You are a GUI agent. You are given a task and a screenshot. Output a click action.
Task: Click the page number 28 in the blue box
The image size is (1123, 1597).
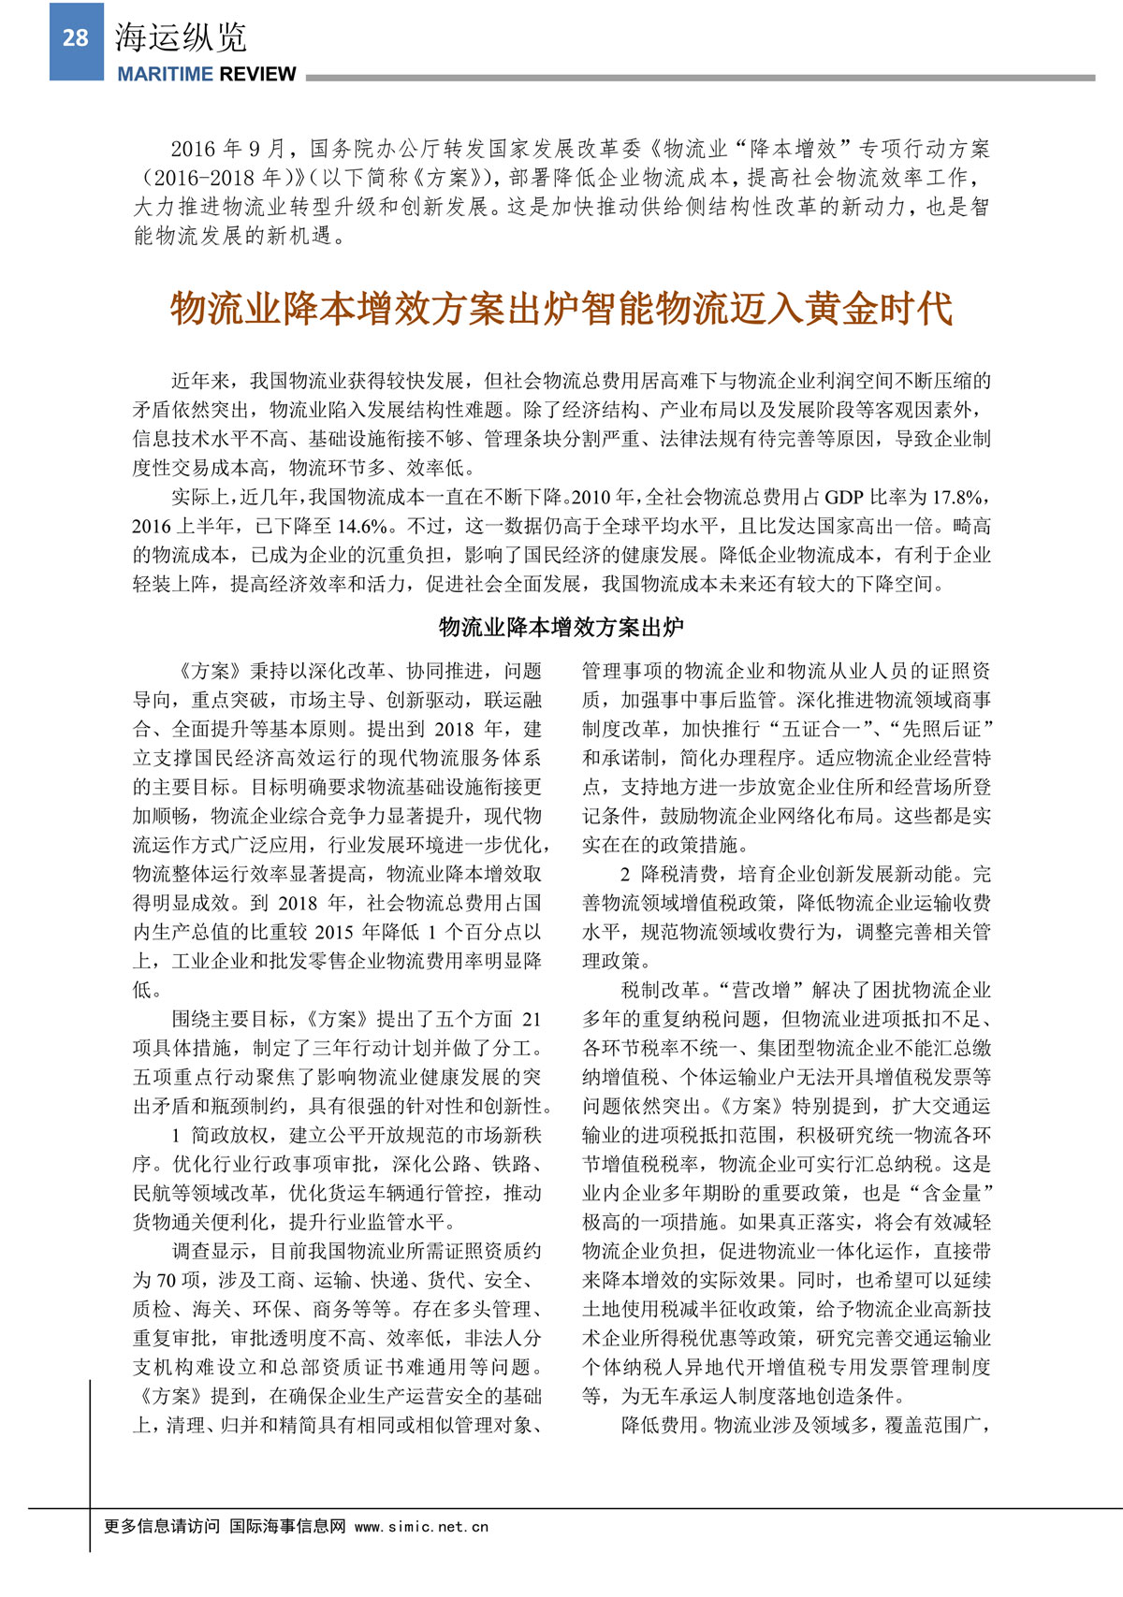[x=75, y=38]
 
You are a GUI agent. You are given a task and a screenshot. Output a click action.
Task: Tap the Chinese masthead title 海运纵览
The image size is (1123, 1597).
[x=181, y=37]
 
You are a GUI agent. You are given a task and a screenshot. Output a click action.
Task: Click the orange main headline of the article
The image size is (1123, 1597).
[x=561, y=309]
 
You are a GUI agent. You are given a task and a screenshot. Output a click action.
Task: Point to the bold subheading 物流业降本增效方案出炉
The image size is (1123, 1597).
[x=561, y=627]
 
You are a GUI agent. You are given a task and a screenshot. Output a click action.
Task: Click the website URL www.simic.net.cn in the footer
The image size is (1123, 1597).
[x=421, y=1526]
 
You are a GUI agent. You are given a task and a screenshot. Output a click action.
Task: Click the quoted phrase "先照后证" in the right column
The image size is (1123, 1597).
[x=941, y=729]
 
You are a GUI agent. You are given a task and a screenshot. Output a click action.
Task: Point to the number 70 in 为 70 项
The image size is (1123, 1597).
[x=166, y=1280]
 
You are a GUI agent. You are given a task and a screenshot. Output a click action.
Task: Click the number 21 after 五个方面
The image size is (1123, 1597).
[x=531, y=1019]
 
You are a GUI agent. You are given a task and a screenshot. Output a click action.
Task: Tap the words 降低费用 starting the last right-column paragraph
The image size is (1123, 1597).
[x=660, y=1425]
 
